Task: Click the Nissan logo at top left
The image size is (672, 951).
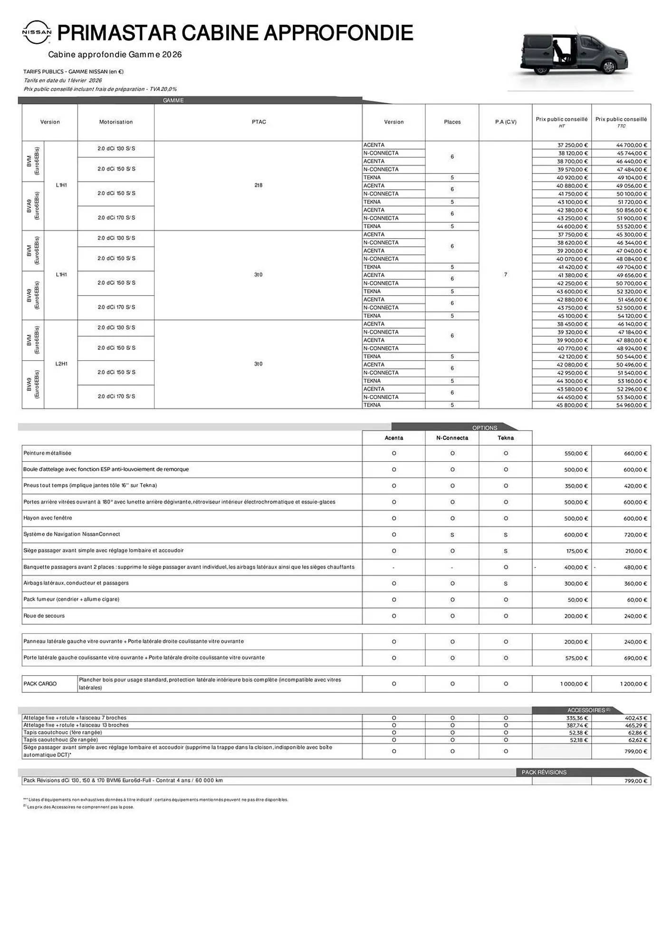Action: [37, 32]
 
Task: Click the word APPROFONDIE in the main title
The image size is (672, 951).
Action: [338, 33]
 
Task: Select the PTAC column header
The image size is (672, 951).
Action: [259, 122]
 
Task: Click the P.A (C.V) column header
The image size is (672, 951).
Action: [505, 122]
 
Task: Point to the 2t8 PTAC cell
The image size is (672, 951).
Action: [259, 185]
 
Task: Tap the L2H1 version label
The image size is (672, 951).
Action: [61, 364]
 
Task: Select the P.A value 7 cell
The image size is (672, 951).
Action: [505, 275]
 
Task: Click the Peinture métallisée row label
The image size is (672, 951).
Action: [48, 453]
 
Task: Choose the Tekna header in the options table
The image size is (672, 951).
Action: [505, 438]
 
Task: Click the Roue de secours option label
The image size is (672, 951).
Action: [44, 616]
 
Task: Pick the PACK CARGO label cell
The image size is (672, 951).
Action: [40, 684]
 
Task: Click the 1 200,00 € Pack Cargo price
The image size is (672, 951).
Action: [633, 684]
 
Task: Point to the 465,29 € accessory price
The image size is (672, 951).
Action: [635, 725]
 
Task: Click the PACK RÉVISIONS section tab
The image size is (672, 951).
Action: [544, 772]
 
